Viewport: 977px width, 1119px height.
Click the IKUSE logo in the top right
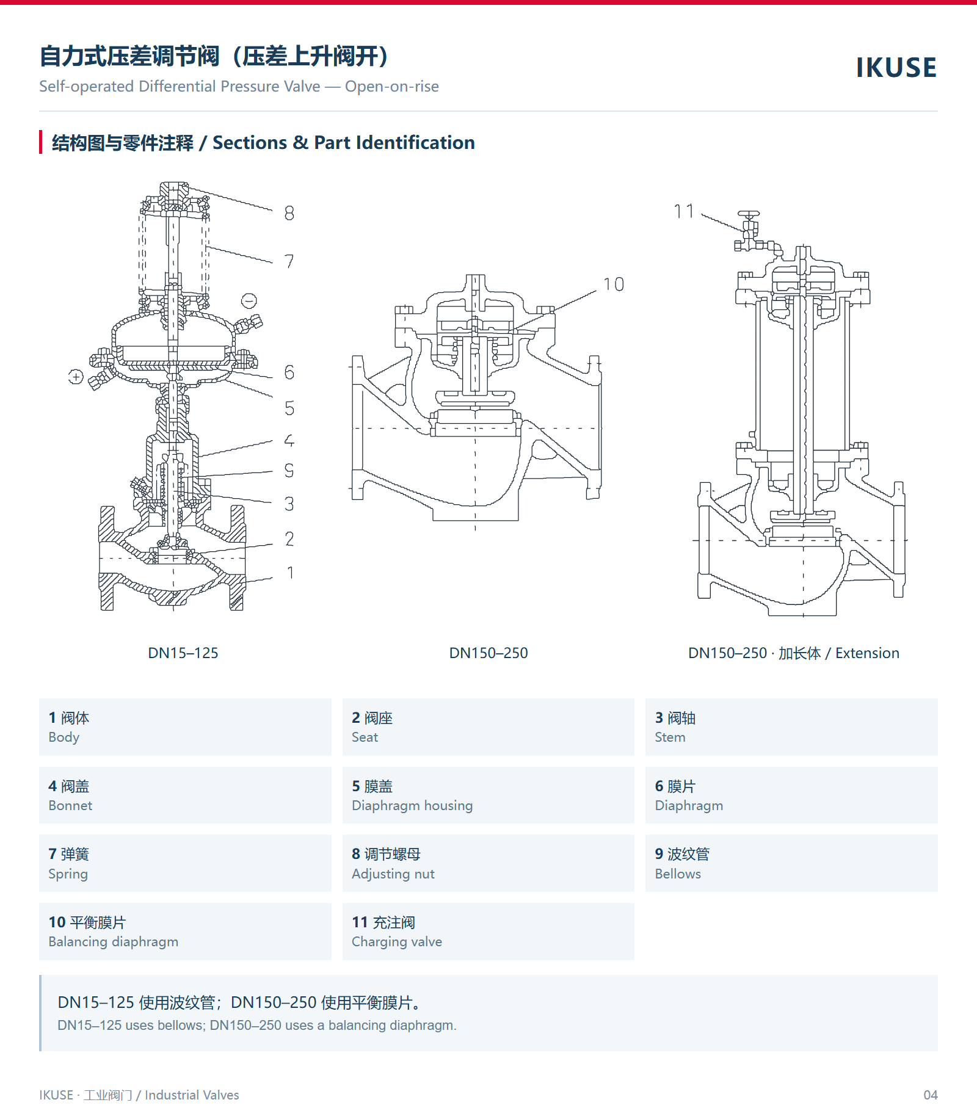(896, 67)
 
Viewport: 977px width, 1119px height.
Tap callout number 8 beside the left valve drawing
(289, 213)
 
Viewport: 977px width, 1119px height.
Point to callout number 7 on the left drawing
(289, 262)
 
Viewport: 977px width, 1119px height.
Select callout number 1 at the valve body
(291, 573)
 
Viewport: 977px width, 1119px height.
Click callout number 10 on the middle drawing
(614, 284)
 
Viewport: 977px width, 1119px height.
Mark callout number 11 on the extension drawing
(684, 211)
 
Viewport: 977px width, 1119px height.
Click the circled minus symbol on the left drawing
(249, 300)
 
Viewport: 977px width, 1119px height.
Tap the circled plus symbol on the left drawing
(76, 377)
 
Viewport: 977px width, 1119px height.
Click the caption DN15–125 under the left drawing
(183, 653)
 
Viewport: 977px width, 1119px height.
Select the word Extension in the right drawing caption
(867, 653)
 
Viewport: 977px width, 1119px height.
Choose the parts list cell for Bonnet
(185, 795)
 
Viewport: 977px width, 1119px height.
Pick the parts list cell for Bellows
(791, 863)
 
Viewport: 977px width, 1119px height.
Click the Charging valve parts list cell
(488, 932)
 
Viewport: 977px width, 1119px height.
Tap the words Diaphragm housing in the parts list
(412, 806)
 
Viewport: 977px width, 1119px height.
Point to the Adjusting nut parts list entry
(488, 863)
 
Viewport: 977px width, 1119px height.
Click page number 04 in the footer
(931, 1095)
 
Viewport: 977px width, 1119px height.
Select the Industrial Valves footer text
(192, 1095)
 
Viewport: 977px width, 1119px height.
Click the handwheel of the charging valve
(749, 215)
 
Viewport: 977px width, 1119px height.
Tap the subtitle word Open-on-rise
(392, 87)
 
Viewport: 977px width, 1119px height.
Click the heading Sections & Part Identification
(344, 143)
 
